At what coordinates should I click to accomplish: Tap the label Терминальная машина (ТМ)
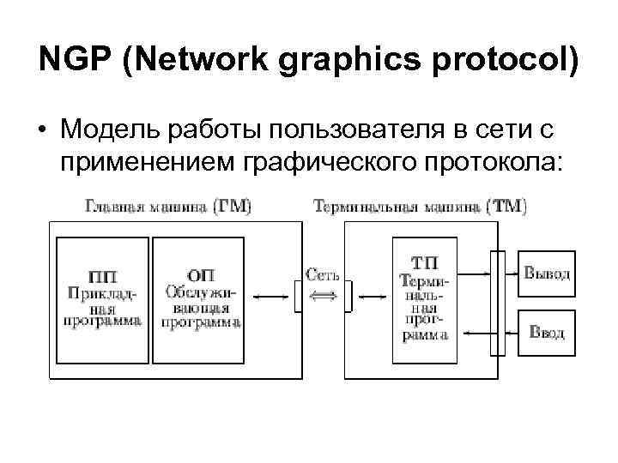pos(421,207)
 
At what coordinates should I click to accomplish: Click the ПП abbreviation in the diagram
pos(103,275)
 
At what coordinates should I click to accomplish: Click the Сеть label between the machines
pos(323,276)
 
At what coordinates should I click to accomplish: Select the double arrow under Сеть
pos(323,296)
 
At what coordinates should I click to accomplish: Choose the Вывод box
pos(547,274)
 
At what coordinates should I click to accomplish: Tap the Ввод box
pos(547,332)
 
